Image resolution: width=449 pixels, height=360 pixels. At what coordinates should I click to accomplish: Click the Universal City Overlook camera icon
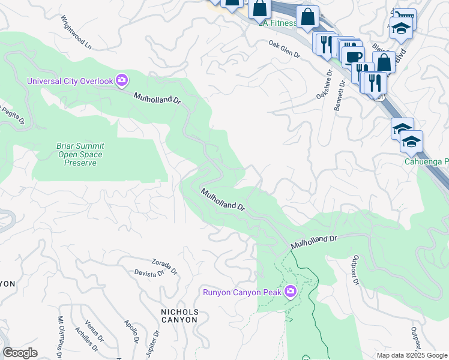click(122, 80)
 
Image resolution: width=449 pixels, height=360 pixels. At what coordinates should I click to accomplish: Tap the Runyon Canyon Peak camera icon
click(291, 292)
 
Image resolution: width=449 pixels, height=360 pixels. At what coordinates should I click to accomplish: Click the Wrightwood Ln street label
click(78, 37)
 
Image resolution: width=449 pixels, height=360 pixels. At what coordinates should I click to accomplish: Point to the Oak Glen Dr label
click(284, 49)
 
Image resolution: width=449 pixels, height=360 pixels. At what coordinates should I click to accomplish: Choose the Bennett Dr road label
click(340, 97)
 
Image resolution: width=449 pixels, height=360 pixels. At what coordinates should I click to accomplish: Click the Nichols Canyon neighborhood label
click(179, 316)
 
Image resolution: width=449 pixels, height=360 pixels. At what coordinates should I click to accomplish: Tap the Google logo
click(20, 353)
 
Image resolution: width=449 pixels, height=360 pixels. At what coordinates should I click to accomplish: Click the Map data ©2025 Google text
click(411, 355)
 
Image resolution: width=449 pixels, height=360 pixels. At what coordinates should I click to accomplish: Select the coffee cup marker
click(353, 57)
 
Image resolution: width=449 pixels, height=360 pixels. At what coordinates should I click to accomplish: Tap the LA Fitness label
click(277, 23)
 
